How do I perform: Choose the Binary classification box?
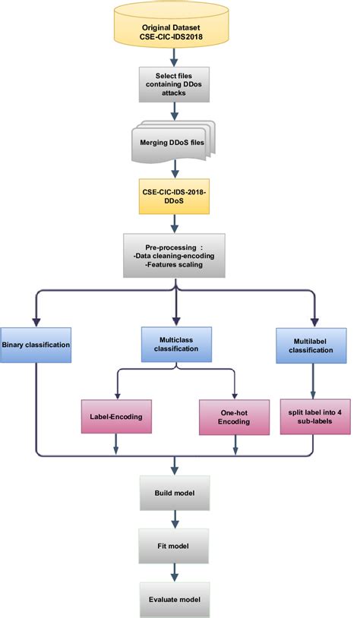pos(36,345)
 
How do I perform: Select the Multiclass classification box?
pos(176,345)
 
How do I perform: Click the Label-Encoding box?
pos(115,416)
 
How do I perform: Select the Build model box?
pos(176,493)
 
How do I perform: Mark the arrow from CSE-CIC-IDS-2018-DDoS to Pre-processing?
pos(176,223)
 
